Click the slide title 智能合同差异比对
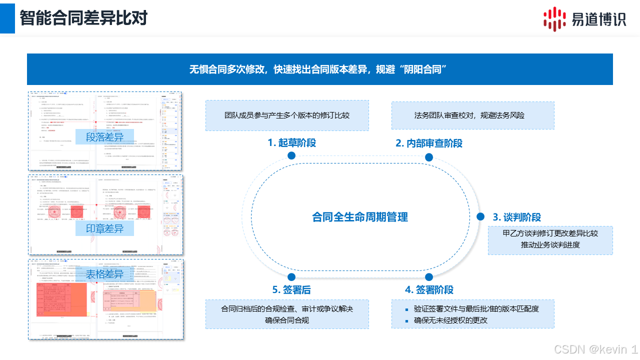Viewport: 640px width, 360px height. pyautogui.click(x=83, y=18)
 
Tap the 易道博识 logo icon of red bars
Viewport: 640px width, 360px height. pyautogui.click(x=554, y=18)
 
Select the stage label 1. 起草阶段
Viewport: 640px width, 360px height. pyautogui.click(x=291, y=143)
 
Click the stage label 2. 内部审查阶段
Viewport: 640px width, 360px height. pyautogui.click(x=429, y=143)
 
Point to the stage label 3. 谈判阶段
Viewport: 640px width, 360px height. pyautogui.click(x=517, y=217)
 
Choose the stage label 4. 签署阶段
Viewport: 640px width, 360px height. pyautogui.click(x=429, y=290)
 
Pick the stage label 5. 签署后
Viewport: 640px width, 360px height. pyautogui.click(x=291, y=290)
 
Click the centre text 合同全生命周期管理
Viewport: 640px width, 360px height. pyautogui.click(x=360, y=217)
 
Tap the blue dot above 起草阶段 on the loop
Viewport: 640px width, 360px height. pyautogui.click(x=291, y=156)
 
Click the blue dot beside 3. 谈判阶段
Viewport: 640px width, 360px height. pyautogui.click(x=480, y=216)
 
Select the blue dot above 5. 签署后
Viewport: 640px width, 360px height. pyautogui.click(x=291, y=277)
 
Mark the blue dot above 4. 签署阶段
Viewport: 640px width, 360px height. pyautogui.click(x=429, y=277)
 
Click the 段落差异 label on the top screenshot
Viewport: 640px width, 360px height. pyautogui.click(x=104, y=137)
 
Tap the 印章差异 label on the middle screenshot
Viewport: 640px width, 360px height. pyautogui.click(x=104, y=229)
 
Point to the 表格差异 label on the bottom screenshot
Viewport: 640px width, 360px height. pyautogui.click(x=104, y=274)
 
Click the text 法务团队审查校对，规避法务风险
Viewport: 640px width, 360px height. pyautogui.click(x=469, y=115)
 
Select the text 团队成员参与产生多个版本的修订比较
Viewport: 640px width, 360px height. pyautogui.click(x=287, y=115)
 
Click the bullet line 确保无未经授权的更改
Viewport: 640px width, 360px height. pyautogui.click(x=450, y=320)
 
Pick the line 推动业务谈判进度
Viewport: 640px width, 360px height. pyautogui.click(x=550, y=245)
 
